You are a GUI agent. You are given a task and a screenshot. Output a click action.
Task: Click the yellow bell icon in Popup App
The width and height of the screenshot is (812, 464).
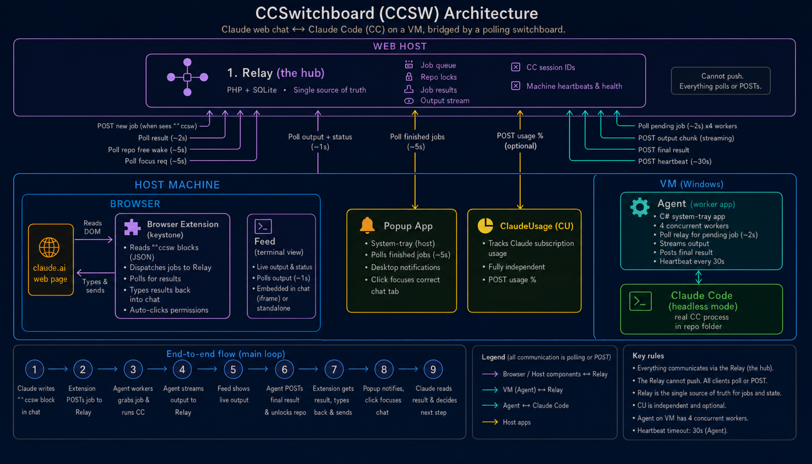pyautogui.click(x=367, y=225)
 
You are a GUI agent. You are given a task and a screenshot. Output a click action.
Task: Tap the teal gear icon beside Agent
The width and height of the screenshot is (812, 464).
pyautogui.click(x=640, y=207)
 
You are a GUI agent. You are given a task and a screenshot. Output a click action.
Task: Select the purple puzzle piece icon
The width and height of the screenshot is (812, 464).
pyautogui.click(x=132, y=228)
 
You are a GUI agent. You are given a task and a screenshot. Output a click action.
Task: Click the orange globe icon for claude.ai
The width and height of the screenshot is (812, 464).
pyautogui.click(x=49, y=248)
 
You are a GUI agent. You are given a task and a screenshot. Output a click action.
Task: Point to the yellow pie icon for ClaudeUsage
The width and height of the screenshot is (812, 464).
pyautogui.click(x=486, y=226)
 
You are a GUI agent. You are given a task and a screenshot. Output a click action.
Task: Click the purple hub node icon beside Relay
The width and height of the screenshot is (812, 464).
pyautogui.click(x=187, y=77)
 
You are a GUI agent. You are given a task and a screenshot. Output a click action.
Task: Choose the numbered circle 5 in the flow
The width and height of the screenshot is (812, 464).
pyautogui.click(x=233, y=370)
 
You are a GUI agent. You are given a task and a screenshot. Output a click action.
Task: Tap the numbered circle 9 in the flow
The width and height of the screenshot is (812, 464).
pyautogui.click(x=433, y=370)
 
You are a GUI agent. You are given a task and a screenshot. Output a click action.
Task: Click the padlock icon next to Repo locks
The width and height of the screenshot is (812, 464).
pyautogui.click(x=409, y=77)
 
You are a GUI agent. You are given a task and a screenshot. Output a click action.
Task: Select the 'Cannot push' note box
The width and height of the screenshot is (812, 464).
pyautogui.click(x=720, y=81)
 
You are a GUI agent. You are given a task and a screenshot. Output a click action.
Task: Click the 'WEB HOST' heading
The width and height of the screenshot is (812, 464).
pyautogui.click(x=400, y=46)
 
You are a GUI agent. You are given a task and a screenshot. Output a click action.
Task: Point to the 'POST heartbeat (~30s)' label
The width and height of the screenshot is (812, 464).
pyautogui.click(x=674, y=162)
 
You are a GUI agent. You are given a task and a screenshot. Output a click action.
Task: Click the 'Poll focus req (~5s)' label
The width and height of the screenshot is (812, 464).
pyautogui.click(x=156, y=161)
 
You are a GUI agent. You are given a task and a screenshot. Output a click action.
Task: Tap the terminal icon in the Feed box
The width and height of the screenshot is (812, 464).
pyautogui.click(x=263, y=227)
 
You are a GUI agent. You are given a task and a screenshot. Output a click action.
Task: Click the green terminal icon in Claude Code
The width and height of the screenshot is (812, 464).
pyautogui.click(x=641, y=301)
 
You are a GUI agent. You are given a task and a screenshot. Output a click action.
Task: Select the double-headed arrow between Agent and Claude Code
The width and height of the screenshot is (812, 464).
pyautogui.click(x=698, y=277)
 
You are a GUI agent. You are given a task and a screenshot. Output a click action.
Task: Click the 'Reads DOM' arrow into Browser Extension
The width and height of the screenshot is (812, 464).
pyautogui.click(x=93, y=239)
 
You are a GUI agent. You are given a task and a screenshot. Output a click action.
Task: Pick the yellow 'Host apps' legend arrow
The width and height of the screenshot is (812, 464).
pyautogui.click(x=490, y=422)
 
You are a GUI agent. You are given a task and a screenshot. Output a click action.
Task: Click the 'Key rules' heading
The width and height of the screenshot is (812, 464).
pyautogui.click(x=648, y=356)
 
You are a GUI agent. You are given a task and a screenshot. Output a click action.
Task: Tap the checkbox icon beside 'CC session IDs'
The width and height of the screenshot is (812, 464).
pyautogui.click(x=515, y=67)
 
